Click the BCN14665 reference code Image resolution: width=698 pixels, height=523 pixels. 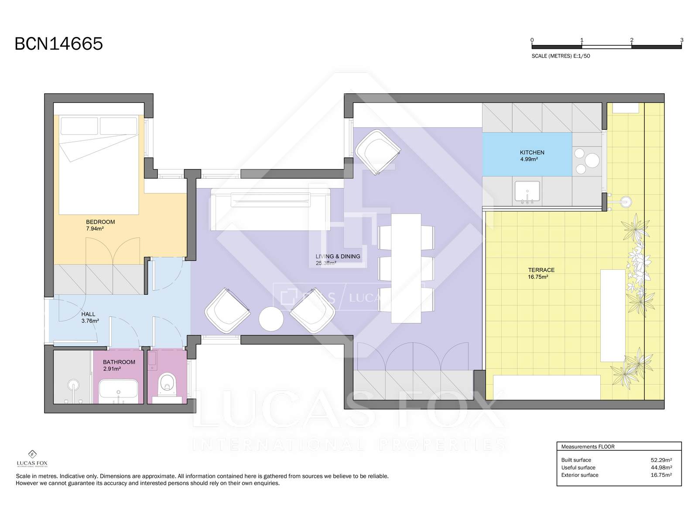coord(59,44)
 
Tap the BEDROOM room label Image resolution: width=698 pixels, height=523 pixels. coord(100,222)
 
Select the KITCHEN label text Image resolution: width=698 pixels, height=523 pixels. coord(532,153)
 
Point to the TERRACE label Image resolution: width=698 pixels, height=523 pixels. coord(541,270)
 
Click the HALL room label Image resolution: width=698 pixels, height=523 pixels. coord(88,314)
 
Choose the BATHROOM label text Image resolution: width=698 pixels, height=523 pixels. coord(119,362)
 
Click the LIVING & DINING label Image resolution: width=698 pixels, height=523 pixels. coord(338,256)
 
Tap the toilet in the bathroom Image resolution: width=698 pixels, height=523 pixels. coord(167,384)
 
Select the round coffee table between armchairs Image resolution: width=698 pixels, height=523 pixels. coord(271,319)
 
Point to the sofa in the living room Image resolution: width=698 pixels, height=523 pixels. coord(270,209)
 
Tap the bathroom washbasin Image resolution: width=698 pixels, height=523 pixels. coord(118,391)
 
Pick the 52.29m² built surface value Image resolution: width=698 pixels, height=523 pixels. coord(661,460)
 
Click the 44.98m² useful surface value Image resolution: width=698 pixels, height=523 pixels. coord(661,467)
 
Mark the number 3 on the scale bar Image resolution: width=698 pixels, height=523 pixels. coord(681,40)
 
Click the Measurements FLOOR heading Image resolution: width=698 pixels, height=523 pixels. coord(588,446)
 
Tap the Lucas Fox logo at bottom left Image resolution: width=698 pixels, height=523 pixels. coord(32,458)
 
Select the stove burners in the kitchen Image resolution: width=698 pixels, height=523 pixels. coord(587,161)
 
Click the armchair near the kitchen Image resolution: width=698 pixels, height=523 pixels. coord(377,152)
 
